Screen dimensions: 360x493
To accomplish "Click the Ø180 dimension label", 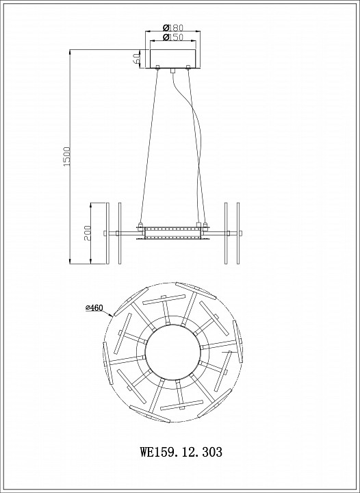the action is (172, 27).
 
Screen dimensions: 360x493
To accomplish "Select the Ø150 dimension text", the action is (172, 37).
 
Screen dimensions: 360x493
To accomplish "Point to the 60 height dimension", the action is (136, 58).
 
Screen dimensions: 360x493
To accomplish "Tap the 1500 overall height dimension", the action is (67, 156).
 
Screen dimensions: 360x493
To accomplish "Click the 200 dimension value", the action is (88, 233).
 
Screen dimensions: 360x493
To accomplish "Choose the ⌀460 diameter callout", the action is (94, 308).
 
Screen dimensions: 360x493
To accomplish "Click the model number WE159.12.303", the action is (181, 452).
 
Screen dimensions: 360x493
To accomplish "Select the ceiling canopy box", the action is (172, 58).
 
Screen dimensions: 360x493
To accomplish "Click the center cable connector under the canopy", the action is (172, 71).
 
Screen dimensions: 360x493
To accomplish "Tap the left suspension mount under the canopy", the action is (157, 66).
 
